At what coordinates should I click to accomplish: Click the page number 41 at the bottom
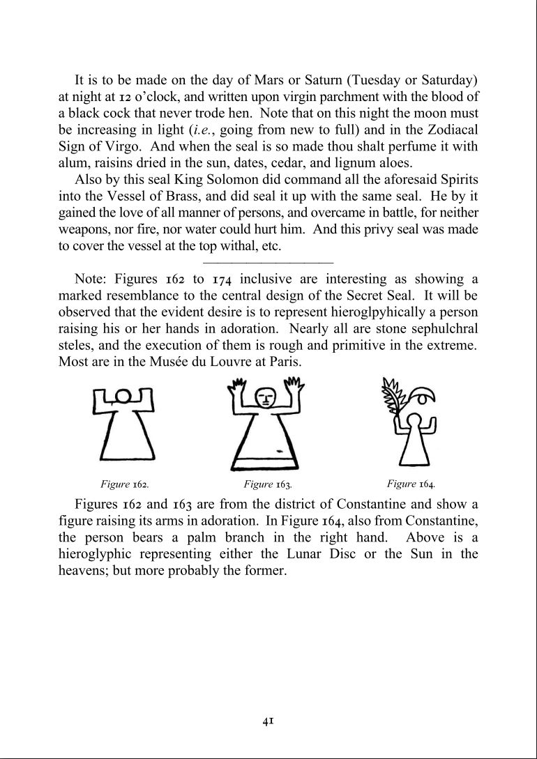267,721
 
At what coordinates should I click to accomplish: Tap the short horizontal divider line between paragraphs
268,263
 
